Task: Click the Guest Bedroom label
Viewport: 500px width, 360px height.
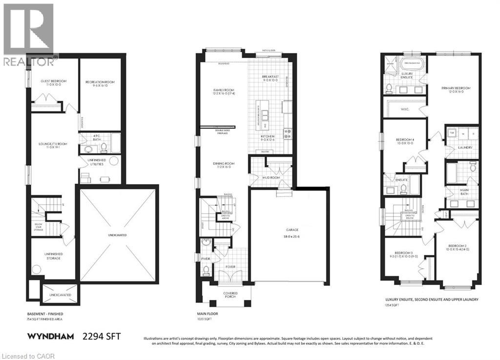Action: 46,81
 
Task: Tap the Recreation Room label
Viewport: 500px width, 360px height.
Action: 100,82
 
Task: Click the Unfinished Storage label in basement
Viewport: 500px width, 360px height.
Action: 50,255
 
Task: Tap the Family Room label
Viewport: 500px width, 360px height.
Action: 224,90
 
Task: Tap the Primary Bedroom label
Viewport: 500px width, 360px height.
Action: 456,88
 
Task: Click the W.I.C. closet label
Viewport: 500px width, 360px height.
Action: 405,109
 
